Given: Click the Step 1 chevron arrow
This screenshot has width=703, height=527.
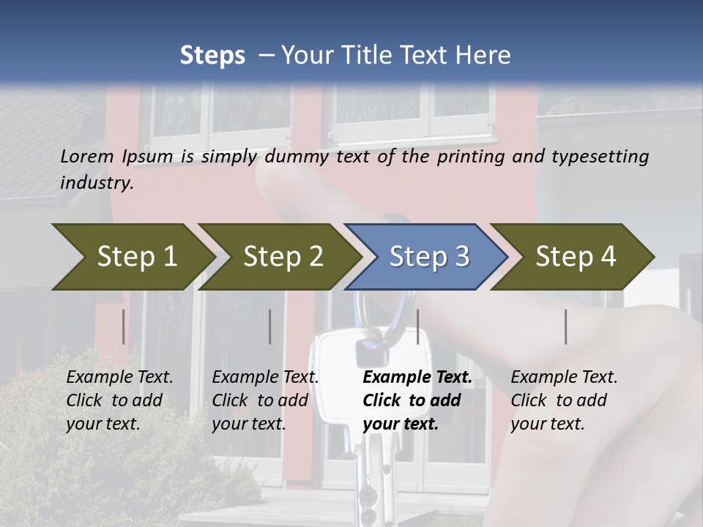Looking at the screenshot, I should (136, 257).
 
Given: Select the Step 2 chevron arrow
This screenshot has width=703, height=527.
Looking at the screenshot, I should (283, 257).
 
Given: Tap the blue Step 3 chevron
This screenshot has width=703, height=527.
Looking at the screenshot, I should (429, 257).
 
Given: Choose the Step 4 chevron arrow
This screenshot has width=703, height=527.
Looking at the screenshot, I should (576, 257).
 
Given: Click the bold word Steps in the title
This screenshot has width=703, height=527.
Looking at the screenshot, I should (212, 55).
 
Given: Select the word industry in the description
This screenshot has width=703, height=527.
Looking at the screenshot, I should (96, 183).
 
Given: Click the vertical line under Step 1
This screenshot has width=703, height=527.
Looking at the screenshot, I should (124, 326).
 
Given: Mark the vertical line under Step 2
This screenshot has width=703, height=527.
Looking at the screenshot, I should (270, 326).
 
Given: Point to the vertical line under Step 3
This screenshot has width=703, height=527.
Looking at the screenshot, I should (417, 326).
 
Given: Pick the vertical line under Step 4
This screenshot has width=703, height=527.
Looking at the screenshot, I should (565, 326).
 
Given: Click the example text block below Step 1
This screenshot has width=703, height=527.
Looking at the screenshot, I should (119, 400).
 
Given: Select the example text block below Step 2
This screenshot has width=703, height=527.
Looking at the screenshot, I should (265, 400).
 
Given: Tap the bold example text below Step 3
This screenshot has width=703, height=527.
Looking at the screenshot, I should (417, 400).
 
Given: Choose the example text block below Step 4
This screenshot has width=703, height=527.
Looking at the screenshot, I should (564, 400).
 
